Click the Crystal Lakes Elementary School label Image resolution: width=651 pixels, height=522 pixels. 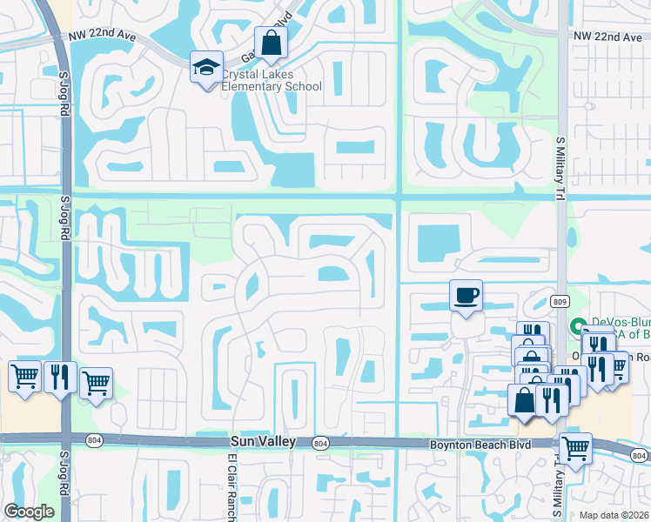[x=271, y=81]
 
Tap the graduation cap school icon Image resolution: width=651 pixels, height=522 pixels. [x=207, y=68]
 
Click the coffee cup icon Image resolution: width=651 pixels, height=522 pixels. [x=466, y=296]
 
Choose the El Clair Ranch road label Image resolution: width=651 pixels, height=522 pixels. [x=232, y=487]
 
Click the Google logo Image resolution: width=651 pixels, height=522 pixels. [x=29, y=512]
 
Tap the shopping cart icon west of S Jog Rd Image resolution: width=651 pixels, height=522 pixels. [x=24, y=377]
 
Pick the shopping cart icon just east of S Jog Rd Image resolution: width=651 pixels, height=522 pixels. [x=96, y=384]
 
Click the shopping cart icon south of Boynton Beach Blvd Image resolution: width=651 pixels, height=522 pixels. [x=575, y=448]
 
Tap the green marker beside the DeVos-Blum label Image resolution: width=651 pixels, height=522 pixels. [x=575, y=328]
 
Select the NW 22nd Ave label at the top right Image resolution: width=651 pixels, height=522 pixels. [x=608, y=37]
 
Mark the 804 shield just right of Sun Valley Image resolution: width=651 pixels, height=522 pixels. [x=320, y=444]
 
